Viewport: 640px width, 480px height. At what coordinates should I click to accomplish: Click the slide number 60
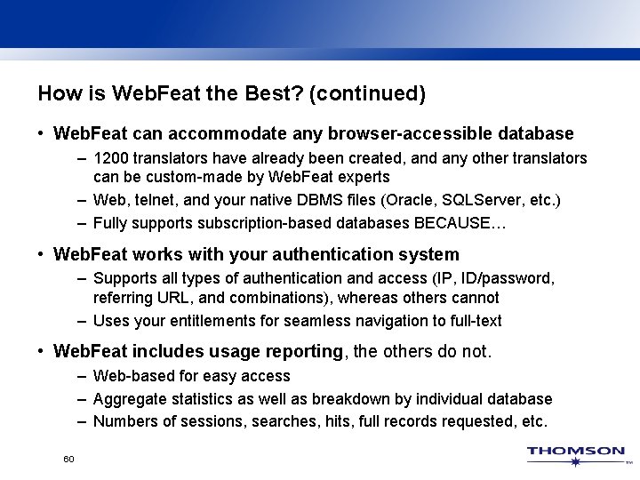point(68,459)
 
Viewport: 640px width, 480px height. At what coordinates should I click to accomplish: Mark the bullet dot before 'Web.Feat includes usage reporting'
point(42,353)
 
